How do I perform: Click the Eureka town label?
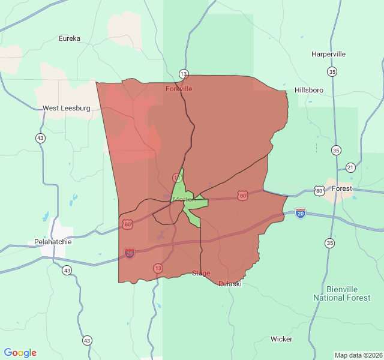[x=70, y=38]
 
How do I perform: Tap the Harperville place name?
[x=328, y=54]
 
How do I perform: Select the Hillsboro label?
[x=309, y=90]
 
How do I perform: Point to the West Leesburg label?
[x=66, y=109]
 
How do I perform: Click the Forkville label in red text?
[x=179, y=89]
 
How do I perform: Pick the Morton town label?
[x=184, y=199]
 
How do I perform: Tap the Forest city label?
[x=343, y=188]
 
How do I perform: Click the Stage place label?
[x=201, y=274]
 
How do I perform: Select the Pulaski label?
[x=230, y=284]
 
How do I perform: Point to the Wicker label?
[x=281, y=339]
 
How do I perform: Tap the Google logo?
[x=20, y=353]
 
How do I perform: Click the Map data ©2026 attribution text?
[x=358, y=355]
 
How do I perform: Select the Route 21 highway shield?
[x=350, y=167]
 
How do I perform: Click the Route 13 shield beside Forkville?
[x=184, y=74]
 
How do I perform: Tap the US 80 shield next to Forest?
[x=319, y=191]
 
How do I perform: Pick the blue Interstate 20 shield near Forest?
[x=301, y=212]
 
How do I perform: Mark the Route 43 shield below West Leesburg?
[x=40, y=138]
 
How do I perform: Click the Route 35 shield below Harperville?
[x=332, y=72]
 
